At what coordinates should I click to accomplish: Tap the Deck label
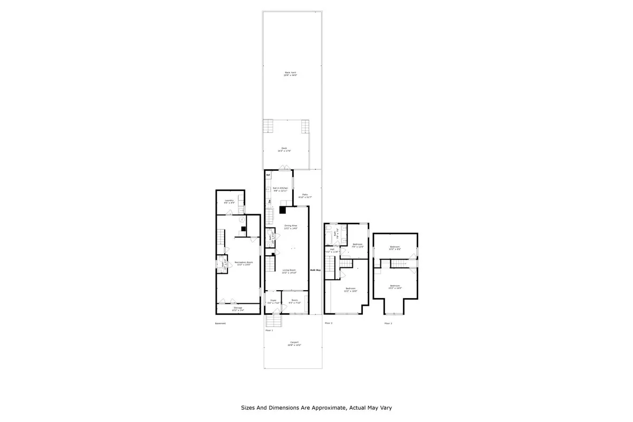pos(284,149)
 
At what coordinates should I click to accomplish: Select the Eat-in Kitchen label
pos(280,189)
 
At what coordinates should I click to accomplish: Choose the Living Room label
pos(289,270)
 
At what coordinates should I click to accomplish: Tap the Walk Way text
pos(315,270)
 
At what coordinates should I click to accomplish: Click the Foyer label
pos(271,301)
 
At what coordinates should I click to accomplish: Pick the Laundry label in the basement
pos(229,200)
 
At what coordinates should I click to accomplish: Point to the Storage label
pos(238,308)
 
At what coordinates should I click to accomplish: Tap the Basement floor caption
pos(220,323)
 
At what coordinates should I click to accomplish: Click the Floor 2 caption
pos(328,323)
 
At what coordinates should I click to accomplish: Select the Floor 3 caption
pos(388,323)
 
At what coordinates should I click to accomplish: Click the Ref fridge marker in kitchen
pos(268,175)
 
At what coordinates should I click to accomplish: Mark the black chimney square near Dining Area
pos(283,210)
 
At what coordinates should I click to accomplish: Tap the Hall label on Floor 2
pos(332,250)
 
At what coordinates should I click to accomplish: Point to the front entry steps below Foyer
pos(273,321)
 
